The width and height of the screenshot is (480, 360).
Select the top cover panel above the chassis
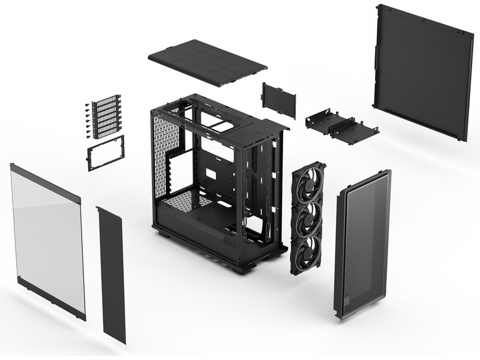coord(207,62)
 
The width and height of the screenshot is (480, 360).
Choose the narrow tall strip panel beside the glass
coord(111,273)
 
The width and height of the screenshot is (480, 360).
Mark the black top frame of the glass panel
coord(46,180)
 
